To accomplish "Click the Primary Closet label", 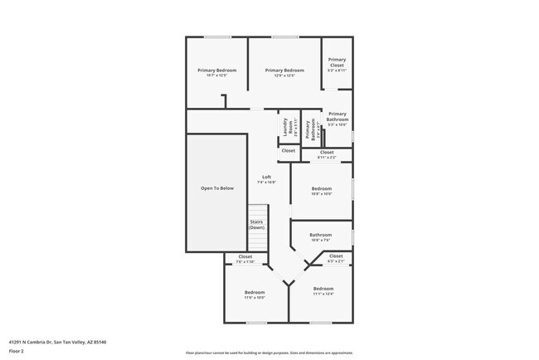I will point(337,61).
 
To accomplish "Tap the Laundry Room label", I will point(287,127).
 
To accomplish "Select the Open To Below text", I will point(216,188).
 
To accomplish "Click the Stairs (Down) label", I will point(256,224).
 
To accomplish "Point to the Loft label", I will point(266,177).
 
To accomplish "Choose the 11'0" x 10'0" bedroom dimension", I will point(254,297).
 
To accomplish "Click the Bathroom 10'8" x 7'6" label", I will point(321,237).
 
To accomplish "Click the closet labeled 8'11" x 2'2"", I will point(327,155).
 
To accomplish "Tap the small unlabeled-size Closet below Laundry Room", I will point(288,150).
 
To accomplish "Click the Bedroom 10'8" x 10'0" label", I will point(321,191).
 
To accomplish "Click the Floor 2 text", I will point(17,351).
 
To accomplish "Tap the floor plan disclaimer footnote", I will point(269,353).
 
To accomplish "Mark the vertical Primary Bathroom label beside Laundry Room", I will point(310,129).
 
